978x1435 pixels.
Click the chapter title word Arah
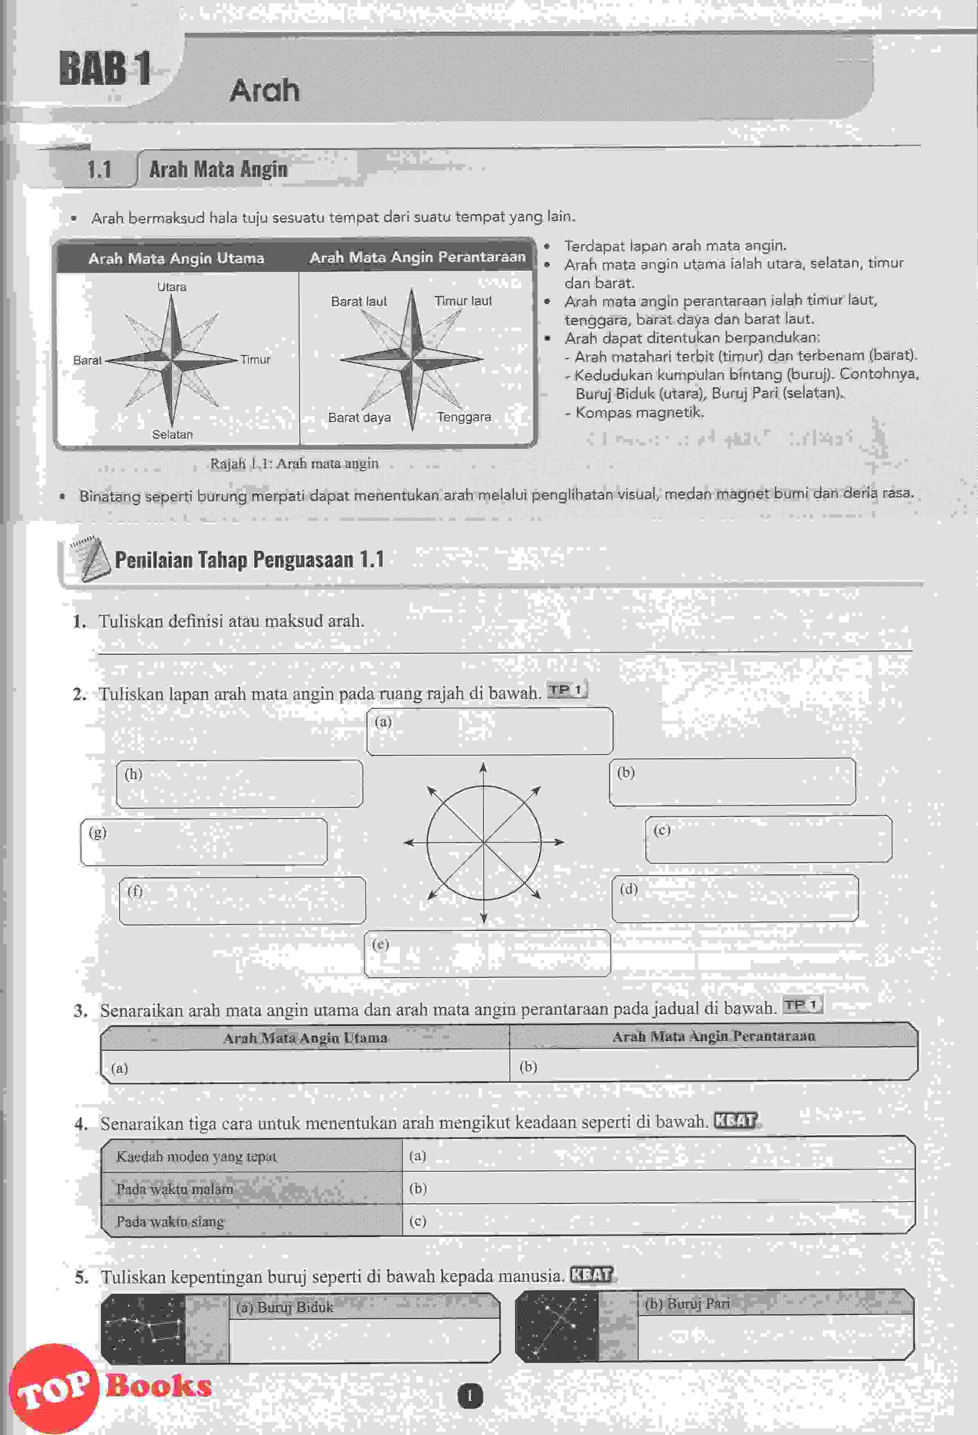coord(264,91)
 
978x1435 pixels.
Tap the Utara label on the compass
coord(172,287)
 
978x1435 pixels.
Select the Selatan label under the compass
coord(172,435)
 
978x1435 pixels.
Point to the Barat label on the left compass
coord(87,360)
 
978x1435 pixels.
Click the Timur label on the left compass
coord(255,360)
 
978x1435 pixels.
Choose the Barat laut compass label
coord(359,301)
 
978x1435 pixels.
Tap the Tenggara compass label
coord(463,417)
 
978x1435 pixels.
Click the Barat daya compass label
coord(359,417)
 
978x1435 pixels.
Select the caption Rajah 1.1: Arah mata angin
coord(294,463)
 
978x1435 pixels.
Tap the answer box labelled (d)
coord(735,898)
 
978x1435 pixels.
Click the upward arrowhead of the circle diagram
coord(483,767)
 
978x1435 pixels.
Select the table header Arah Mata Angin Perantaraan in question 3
coord(714,1036)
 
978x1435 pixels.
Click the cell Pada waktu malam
coord(175,1188)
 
